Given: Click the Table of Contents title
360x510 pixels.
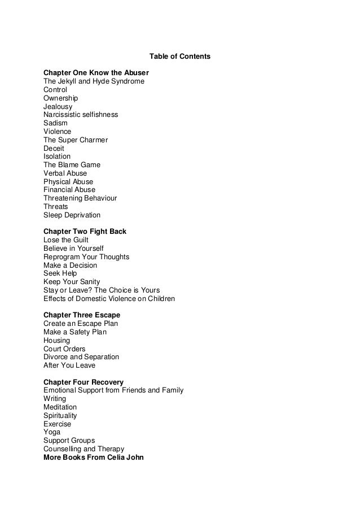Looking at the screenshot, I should click(x=179, y=56).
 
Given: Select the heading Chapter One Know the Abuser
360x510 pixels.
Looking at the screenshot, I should click(x=96, y=73).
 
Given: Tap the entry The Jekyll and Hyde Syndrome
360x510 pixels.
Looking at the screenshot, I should click(x=94, y=81).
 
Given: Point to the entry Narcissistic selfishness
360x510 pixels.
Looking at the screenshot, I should click(x=81, y=115).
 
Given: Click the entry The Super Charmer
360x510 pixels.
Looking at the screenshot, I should click(x=76, y=140).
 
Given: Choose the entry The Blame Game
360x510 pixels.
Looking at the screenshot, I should click(x=72, y=165).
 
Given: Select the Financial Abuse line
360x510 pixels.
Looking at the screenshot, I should click(x=69, y=190).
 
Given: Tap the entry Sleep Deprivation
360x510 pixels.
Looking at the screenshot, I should click(x=72, y=215).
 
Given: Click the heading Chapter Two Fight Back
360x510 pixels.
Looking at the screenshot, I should click(x=85, y=232).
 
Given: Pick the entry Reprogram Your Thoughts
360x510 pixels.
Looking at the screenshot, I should click(x=86, y=257).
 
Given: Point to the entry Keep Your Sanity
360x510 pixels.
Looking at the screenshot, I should click(x=72, y=282).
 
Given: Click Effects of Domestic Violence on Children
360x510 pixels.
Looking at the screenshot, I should click(x=109, y=299).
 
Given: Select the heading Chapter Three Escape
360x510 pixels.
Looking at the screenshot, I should click(x=82, y=315).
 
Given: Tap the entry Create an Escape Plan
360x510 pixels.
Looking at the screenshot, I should click(x=81, y=324).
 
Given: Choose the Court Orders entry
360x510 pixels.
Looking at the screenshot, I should click(x=64, y=348).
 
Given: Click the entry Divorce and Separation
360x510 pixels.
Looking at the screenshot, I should click(x=81, y=357).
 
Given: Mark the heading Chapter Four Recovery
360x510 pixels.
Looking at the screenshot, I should click(x=84, y=382).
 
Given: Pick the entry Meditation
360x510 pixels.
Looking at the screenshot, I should click(x=60, y=407).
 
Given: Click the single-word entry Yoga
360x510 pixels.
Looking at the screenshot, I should click(x=52, y=432).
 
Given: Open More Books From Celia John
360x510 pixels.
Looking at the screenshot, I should click(x=94, y=457).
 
